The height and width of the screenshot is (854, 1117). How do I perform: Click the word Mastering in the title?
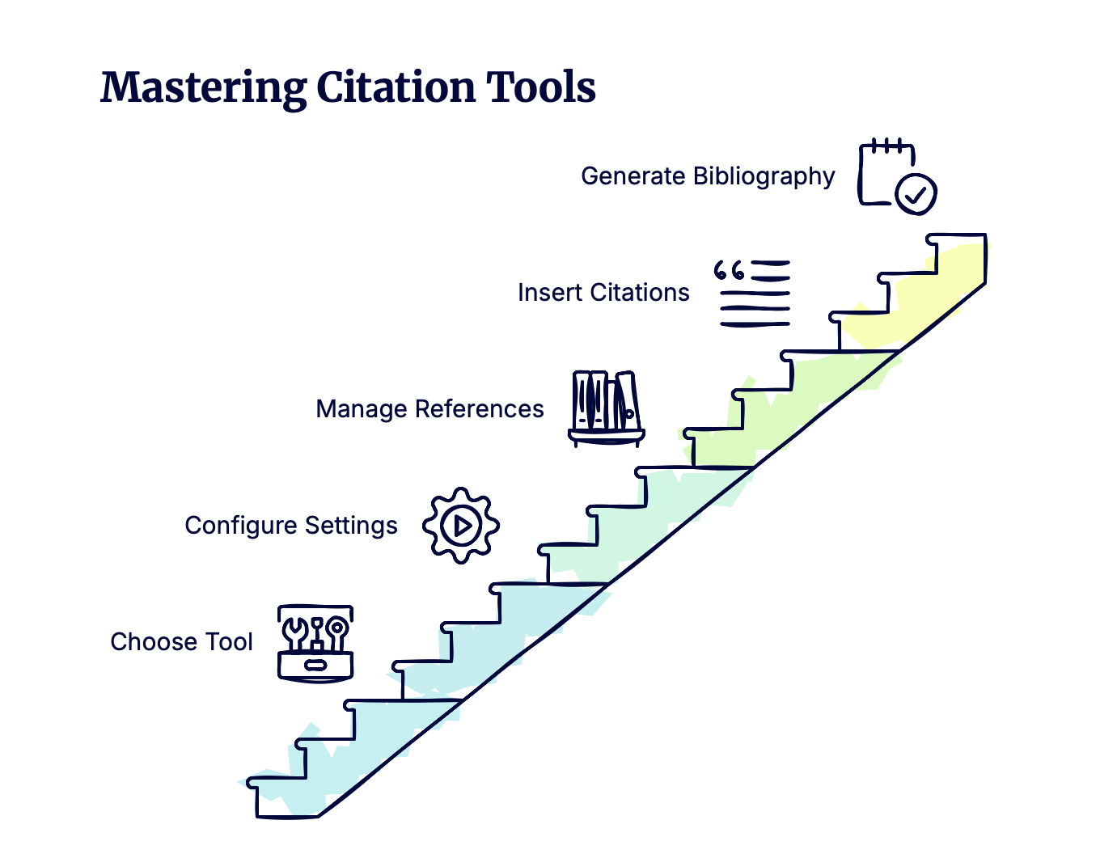click(202, 87)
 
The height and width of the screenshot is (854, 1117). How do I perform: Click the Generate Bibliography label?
click(707, 176)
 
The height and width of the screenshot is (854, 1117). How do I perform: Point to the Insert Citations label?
click(603, 293)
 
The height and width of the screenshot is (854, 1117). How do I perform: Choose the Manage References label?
click(429, 409)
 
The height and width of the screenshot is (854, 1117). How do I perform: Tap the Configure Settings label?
click(290, 526)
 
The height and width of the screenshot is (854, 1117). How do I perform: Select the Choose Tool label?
click(181, 642)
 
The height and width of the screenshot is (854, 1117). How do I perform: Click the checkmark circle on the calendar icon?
click(916, 194)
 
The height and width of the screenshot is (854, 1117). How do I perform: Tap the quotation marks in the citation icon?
click(729, 270)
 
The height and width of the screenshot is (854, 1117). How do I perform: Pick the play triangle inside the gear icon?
click(462, 526)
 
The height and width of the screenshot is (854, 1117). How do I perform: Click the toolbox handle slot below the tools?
click(315, 666)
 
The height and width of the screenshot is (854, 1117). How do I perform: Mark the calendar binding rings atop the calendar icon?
click(887, 146)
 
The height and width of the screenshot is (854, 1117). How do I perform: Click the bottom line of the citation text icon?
click(755, 324)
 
